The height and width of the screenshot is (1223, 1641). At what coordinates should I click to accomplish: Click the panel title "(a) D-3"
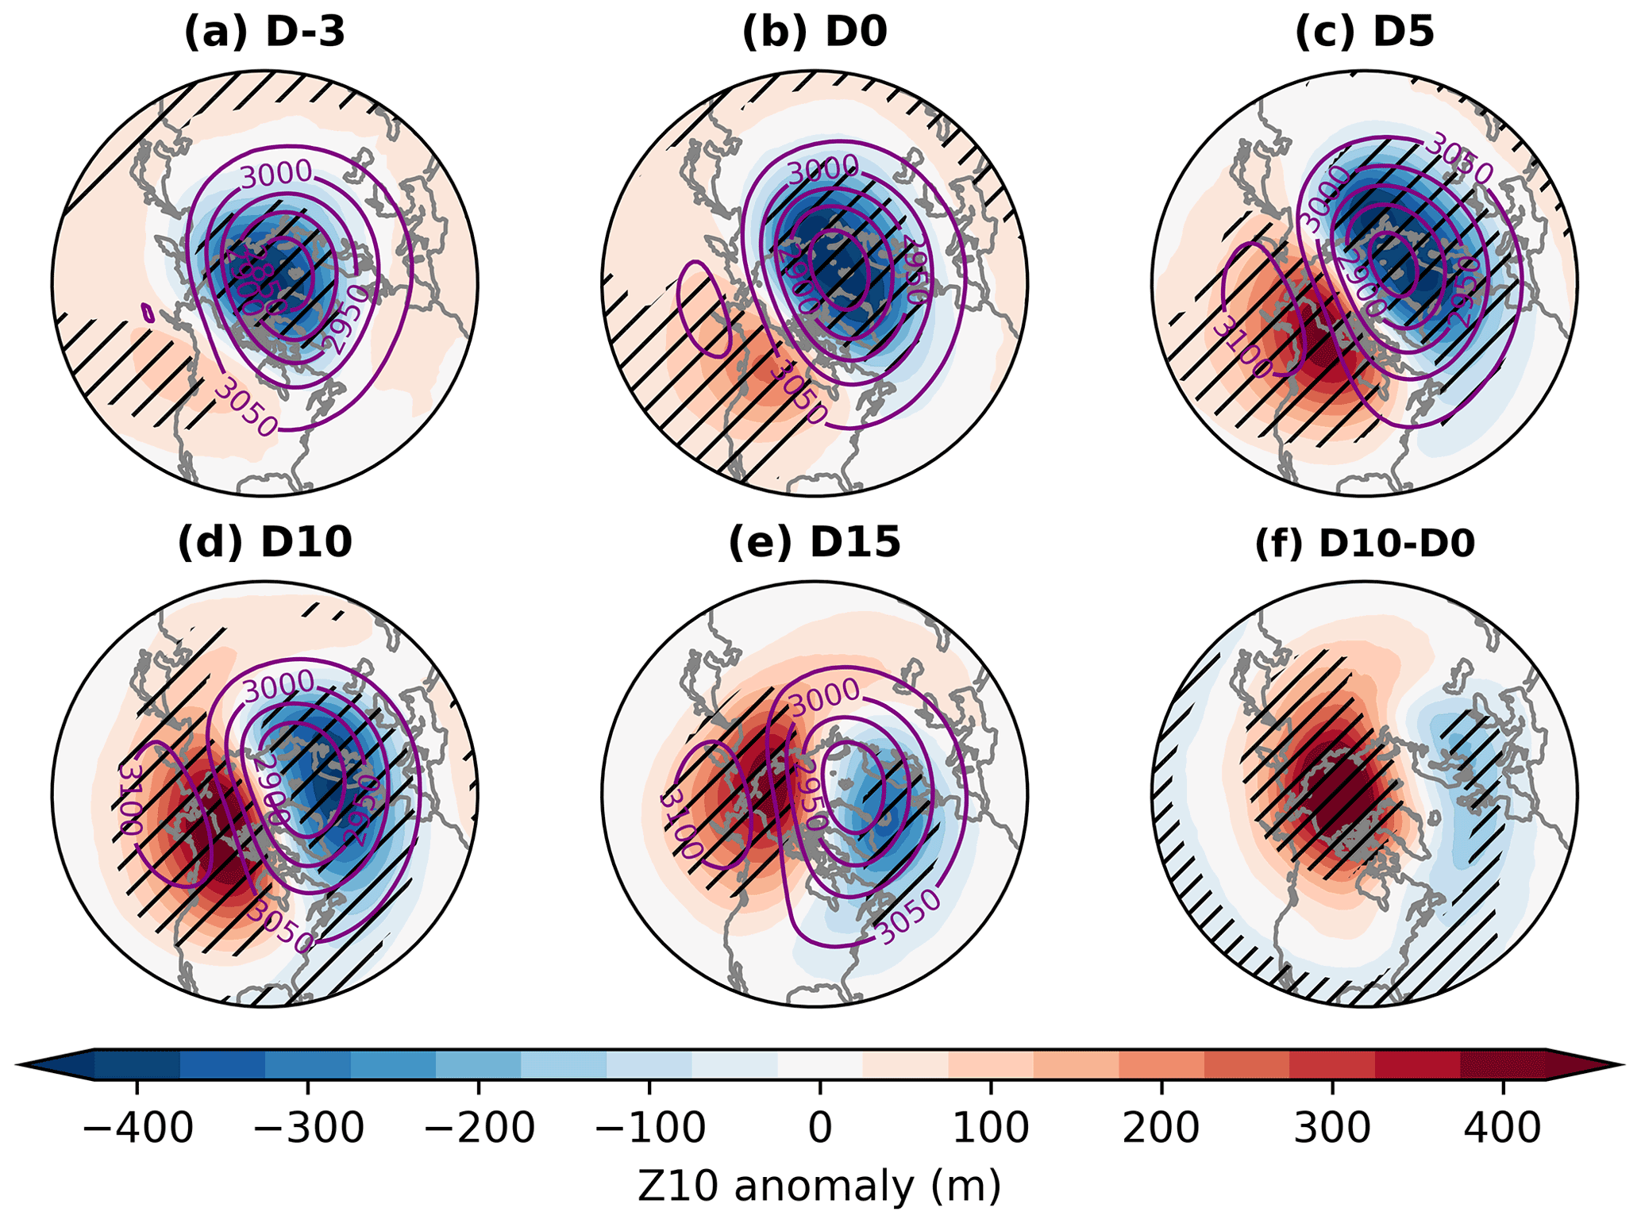(264, 34)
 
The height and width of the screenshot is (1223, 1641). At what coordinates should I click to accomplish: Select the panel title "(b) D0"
(814, 34)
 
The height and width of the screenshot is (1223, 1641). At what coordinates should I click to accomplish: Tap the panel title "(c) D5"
(1364, 34)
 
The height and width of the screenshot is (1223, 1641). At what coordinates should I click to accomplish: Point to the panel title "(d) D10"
(264, 544)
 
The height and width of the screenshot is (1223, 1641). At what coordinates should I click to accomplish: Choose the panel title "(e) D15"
(814, 544)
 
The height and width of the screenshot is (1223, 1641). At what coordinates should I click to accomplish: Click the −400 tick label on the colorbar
(137, 1127)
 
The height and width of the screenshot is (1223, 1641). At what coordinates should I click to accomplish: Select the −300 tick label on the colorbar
(308, 1127)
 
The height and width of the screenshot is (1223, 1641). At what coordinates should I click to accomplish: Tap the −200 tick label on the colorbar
(479, 1127)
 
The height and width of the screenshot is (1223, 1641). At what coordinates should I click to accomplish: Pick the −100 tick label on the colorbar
(649, 1127)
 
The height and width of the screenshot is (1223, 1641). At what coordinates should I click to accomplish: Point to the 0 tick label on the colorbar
(820, 1127)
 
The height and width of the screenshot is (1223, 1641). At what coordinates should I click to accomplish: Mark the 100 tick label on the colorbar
(991, 1127)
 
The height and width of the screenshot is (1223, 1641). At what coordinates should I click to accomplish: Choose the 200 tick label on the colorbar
(1161, 1127)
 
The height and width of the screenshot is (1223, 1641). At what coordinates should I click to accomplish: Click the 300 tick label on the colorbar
(1332, 1127)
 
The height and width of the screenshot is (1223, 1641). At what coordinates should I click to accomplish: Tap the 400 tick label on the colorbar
(1503, 1127)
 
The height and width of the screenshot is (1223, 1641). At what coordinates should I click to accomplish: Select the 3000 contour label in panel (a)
(276, 173)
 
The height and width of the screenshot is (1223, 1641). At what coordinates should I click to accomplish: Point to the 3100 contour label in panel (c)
(1243, 347)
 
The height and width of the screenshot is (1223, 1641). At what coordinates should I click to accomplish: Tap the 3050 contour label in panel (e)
(910, 917)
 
